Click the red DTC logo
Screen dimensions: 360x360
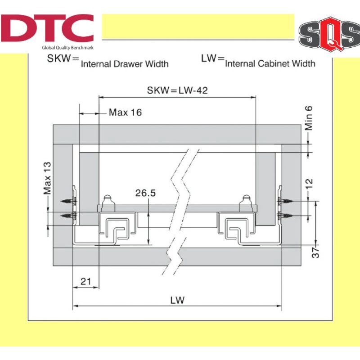[47, 28]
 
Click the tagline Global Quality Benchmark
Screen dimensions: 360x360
[67, 48]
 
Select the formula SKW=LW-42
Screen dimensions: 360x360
[177, 90]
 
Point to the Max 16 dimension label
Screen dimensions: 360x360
[125, 112]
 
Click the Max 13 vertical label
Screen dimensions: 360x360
[47, 178]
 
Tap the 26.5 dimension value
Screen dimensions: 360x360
[145, 193]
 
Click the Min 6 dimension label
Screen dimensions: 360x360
[309, 118]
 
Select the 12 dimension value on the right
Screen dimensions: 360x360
[309, 184]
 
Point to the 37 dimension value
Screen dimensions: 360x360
[316, 252]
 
